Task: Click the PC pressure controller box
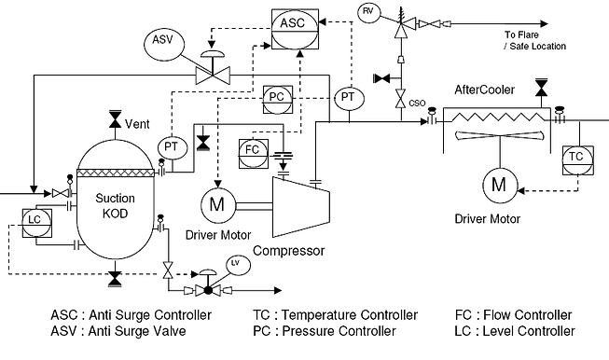[276, 97]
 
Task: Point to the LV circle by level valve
[235, 262]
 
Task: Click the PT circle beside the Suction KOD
[171, 146]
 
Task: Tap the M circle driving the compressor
[218, 202]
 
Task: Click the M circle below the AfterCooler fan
[495, 184]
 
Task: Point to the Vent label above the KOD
[137, 123]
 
